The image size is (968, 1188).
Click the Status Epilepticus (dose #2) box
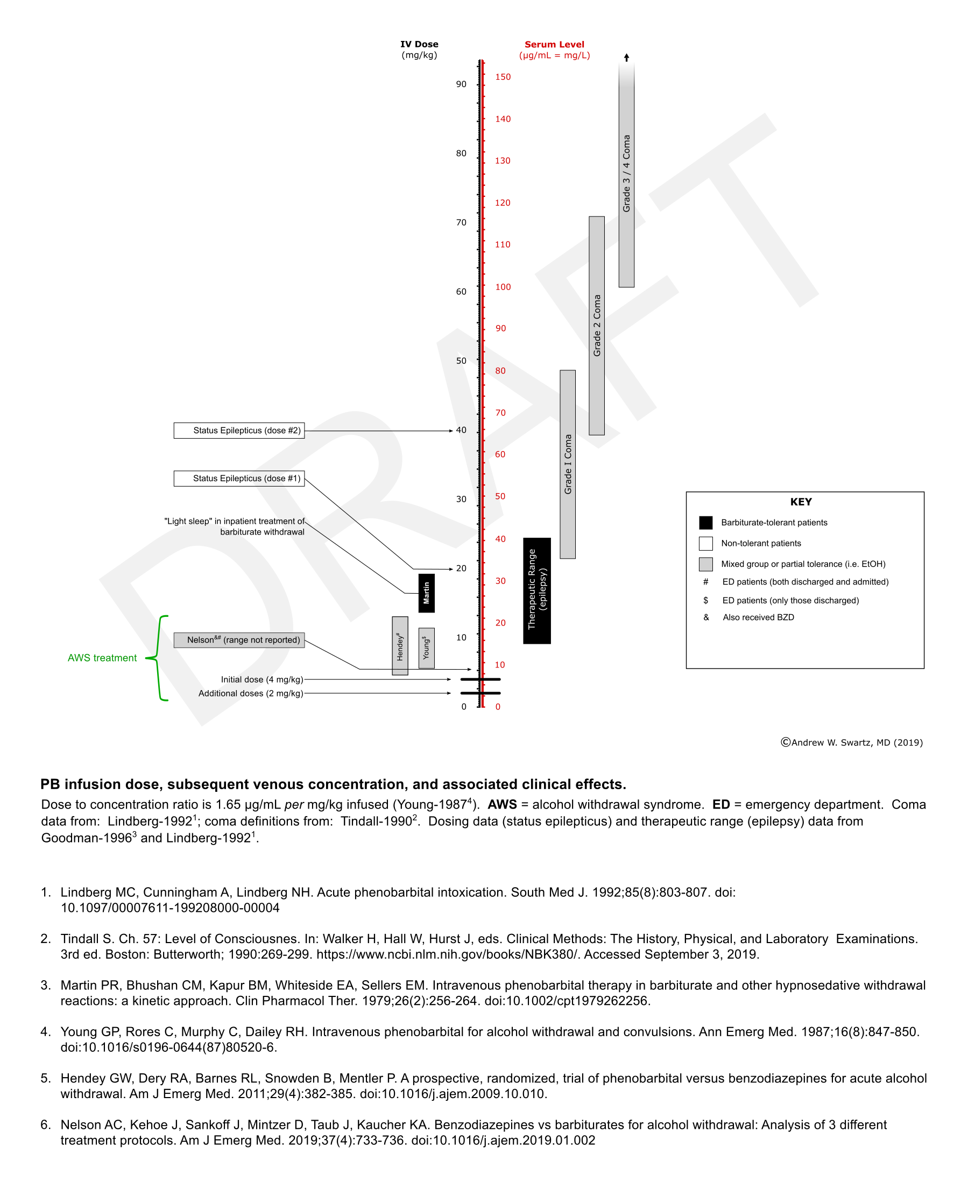[x=239, y=431]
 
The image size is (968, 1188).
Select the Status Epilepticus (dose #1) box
[x=239, y=479]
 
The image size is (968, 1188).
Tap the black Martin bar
[x=427, y=593]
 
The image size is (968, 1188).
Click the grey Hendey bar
[x=400, y=646]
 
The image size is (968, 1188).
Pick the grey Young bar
[x=427, y=648]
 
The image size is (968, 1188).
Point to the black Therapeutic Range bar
[x=537, y=591]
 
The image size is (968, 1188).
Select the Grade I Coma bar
[x=568, y=464]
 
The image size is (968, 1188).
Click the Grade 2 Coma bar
[x=597, y=326]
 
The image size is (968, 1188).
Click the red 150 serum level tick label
[x=503, y=77]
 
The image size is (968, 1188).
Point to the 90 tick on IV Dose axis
[x=461, y=84]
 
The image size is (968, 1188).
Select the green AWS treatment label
[x=102, y=658]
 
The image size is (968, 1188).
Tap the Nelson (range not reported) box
[x=239, y=639]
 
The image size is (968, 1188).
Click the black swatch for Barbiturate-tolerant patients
[x=706, y=523]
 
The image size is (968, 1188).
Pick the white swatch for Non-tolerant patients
[x=706, y=543]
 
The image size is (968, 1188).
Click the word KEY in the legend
[x=801, y=502]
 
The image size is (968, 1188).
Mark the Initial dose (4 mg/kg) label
[x=262, y=679]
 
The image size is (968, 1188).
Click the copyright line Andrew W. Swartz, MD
[x=851, y=742]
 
